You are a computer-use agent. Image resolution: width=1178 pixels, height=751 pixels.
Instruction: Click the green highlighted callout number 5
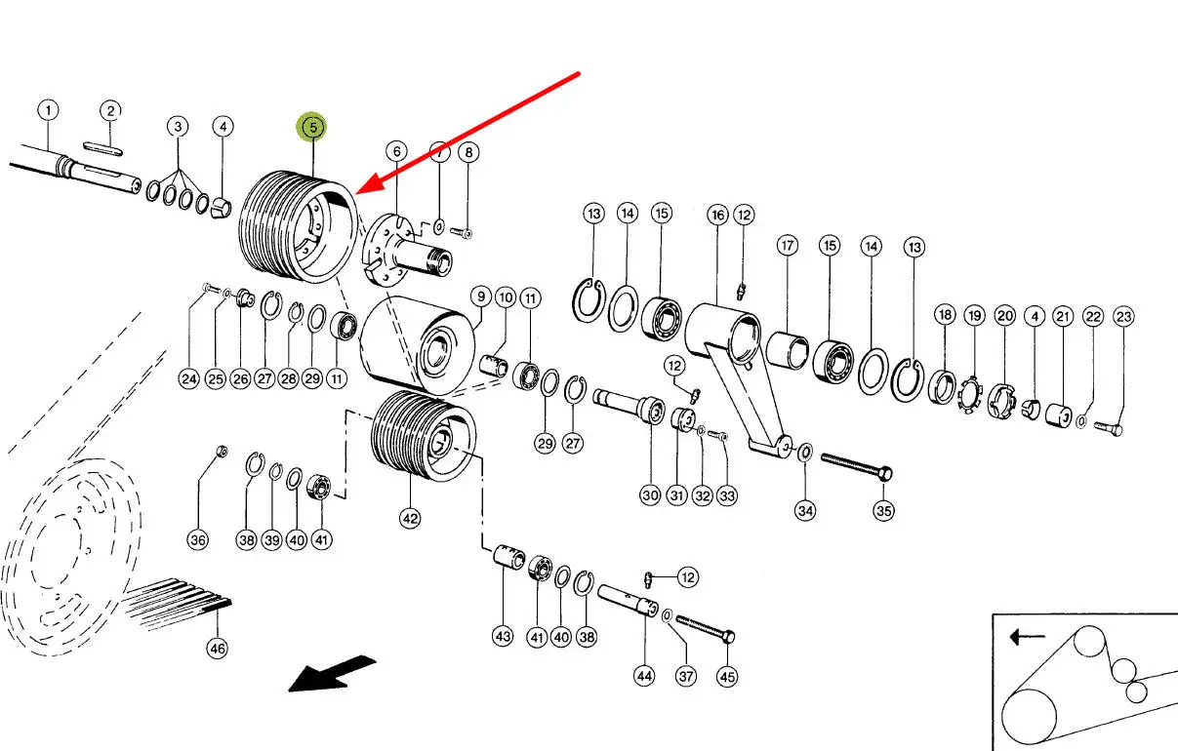point(312,127)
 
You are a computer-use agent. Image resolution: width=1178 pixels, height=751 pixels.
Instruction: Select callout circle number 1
point(49,110)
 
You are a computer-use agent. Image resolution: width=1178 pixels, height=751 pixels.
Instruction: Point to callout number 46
point(218,647)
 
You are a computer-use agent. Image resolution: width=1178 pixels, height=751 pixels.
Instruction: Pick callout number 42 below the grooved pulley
point(410,519)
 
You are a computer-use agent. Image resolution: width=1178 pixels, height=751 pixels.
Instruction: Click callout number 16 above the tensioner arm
point(718,214)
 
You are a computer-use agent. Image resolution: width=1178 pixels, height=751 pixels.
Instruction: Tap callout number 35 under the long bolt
point(883,509)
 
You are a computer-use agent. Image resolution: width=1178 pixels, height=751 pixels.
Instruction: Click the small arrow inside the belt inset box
point(1026,638)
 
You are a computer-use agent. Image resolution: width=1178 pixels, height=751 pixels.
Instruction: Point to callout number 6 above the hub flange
point(396,151)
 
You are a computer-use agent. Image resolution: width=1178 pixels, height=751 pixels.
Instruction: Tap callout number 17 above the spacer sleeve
point(788,245)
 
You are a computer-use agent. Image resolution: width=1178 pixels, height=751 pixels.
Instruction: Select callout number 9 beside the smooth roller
point(479,296)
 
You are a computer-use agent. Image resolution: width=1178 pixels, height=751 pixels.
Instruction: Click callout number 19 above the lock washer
point(974,316)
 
